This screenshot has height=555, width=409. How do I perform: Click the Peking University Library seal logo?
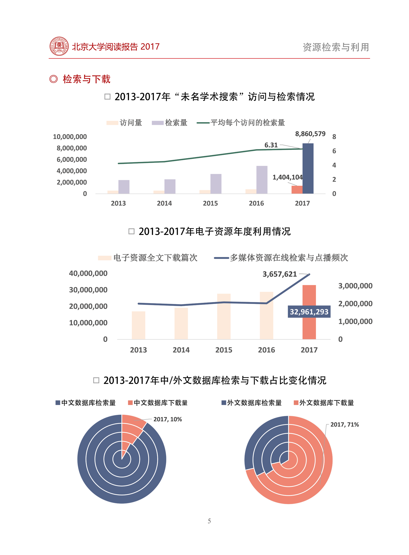coord(59,46)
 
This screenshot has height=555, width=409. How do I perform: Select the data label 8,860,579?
coord(310,134)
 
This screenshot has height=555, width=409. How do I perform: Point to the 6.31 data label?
coord(271,145)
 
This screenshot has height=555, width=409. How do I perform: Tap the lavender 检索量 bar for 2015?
coord(216,184)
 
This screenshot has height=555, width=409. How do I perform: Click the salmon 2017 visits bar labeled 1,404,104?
coord(297,189)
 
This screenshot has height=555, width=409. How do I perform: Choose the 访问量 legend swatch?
coord(112,123)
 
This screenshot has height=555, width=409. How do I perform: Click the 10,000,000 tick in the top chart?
coord(70,137)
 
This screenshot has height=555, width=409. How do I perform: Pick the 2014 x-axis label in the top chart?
coord(164,203)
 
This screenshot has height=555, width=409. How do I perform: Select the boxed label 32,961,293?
coord(309,312)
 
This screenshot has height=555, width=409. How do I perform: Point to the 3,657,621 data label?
coord(279,274)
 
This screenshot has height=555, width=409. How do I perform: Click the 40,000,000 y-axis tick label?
coord(88,273)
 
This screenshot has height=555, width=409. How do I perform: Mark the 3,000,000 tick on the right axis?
coord(355,286)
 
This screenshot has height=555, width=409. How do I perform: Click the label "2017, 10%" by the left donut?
coord(167,419)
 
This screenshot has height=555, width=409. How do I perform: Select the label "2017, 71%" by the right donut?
coord(344,424)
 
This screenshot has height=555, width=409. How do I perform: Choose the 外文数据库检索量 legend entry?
coord(251,403)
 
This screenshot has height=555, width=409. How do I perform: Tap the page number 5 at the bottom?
coord(209,521)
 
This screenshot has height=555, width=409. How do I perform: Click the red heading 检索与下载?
coord(86,79)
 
